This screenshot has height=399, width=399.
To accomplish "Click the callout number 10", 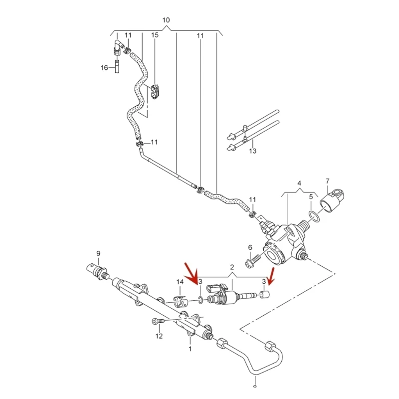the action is [166, 20].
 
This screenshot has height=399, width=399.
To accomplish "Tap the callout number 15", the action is [155, 35].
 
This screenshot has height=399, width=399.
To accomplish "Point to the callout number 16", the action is [104, 67].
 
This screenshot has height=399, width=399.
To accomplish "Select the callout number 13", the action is [252, 151].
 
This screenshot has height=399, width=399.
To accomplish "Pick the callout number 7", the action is [328, 181].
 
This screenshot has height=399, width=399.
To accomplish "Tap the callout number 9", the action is [98, 253].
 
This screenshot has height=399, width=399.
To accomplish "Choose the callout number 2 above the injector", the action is [232, 267].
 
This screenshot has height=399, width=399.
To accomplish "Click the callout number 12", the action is [159, 336].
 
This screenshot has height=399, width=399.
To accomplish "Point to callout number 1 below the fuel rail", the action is [190, 349].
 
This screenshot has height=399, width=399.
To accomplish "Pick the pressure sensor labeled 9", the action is [97, 270].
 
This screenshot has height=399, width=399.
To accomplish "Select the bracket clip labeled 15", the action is [156, 92].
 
